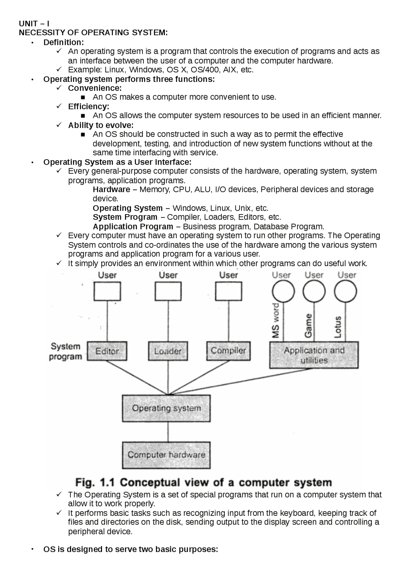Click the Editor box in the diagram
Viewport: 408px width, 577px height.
(107, 351)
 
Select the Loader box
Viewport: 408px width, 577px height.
(168, 351)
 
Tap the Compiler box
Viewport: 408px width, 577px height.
(228, 351)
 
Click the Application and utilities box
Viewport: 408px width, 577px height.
(314, 355)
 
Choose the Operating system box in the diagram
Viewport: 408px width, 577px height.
(166, 408)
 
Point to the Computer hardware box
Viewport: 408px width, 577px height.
(166, 455)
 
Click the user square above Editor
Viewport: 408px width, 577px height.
(107, 291)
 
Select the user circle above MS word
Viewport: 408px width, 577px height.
(283, 291)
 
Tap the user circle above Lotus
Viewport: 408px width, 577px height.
(345, 291)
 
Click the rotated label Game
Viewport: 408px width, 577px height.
(308, 326)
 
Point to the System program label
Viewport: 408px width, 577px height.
(65, 351)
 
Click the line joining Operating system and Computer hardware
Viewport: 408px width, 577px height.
(168, 432)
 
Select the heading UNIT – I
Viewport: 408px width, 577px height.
(34, 24)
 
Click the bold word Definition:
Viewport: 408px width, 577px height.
(64, 42)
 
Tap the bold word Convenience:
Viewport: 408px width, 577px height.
(95, 88)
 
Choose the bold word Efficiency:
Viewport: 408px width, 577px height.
(89, 106)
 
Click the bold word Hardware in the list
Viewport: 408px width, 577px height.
(111, 190)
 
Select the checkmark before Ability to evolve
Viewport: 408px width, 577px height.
(59, 125)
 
